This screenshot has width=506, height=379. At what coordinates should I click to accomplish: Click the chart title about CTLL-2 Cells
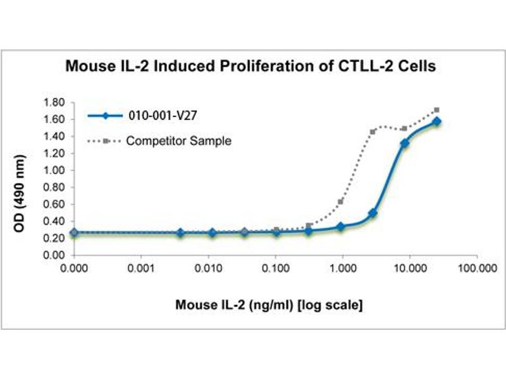(x=250, y=66)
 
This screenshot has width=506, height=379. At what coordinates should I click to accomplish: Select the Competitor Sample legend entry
(x=178, y=140)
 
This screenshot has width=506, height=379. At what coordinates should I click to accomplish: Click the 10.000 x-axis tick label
(x=409, y=268)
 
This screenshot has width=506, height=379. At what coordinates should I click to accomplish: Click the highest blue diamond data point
(x=436, y=121)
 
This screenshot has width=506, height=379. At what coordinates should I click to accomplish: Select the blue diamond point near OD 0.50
(x=373, y=213)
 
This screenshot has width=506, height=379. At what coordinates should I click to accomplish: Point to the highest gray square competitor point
(x=436, y=110)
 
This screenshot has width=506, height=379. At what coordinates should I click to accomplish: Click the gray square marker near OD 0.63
(x=341, y=202)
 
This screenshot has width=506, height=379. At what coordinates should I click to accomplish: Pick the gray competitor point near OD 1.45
(x=373, y=132)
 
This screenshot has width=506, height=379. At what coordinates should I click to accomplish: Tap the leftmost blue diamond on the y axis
(x=74, y=232)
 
